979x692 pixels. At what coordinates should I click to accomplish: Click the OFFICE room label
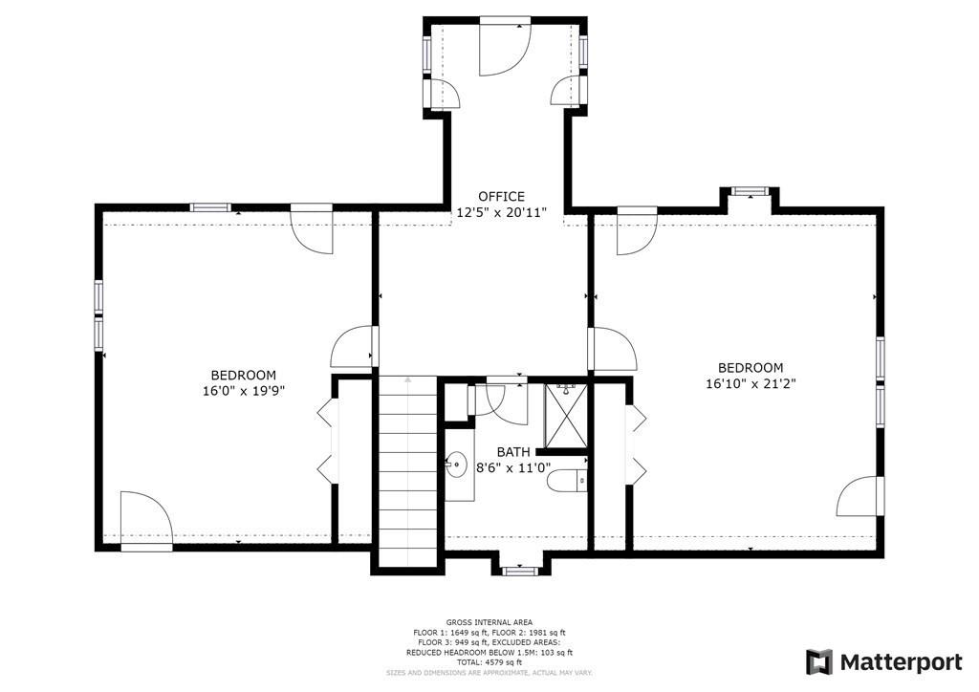502,197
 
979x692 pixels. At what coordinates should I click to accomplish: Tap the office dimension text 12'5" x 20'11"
502,212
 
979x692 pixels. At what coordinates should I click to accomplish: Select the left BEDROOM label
244,376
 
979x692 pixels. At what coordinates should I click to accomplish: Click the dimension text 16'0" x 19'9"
244,391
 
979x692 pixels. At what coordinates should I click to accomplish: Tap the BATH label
513,452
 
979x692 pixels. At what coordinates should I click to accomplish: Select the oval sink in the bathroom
455,465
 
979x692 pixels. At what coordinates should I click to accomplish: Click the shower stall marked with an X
565,416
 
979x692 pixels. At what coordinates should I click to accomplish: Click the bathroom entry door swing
506,401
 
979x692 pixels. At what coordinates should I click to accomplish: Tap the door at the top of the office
505,47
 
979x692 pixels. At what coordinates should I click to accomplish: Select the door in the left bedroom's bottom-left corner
145,521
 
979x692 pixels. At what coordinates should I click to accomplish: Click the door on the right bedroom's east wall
860,496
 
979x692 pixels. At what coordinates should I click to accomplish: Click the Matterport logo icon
819,661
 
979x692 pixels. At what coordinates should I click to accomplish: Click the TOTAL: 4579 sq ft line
489,662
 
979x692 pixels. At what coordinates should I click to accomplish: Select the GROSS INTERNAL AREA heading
489,622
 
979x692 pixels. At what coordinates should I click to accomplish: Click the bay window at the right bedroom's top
751,192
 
